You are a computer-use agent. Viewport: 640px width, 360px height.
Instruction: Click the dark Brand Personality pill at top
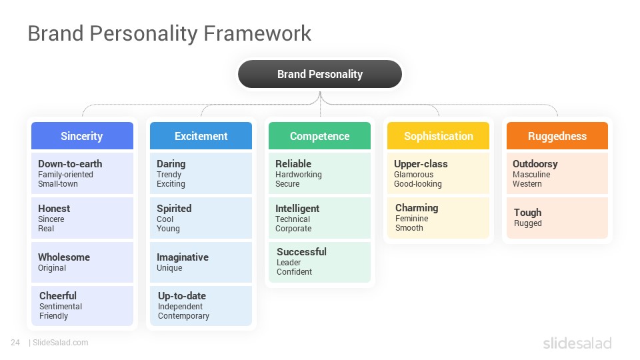pyautogui.click(x=320, y=74)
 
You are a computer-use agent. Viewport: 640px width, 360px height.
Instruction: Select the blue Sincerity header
pyautogui.click(x=82, y=135)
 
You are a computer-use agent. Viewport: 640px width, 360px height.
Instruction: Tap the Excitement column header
pyautogui.click(x=201, y=135)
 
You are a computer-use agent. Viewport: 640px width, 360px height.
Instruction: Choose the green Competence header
pyautogui.click(x=319, y=135)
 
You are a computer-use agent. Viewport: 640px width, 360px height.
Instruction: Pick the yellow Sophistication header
pyautogui.click(x=439, y=135)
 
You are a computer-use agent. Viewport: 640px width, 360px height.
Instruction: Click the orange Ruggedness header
pyautogui.click(x=557, y=135)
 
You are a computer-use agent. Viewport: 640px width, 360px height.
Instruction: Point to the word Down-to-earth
pyautogui.click(x=70, y=164)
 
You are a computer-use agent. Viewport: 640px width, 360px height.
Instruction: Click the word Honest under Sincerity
pyautogui.click(x=54, y=208)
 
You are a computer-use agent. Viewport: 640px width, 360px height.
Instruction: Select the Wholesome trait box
pyautogui.click(x=82, y=262)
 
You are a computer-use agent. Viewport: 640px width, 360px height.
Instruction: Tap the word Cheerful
pyautogui.click(x=58, y=295)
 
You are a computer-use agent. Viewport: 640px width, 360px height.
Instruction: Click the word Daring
pyautogui.click(x=171, y=164)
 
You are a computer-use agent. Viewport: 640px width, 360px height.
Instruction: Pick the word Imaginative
pyautogui.click(x=183, y=257)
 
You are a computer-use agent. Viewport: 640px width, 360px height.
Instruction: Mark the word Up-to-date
pyautogui.click(x=182, y=295)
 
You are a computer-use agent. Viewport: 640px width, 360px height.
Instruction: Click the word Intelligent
pyautogui.click(x=297, y=209)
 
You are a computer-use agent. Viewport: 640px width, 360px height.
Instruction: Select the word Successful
pyautogui.click(x=301, y=251)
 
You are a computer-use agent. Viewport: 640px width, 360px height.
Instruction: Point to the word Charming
pyautogui.click(x=417, y=208)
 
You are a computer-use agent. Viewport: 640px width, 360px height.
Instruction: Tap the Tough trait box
pyautogui.click(x=557, y=218)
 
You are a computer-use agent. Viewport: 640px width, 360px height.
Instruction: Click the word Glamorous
pyautogui.click(x=413, y=174)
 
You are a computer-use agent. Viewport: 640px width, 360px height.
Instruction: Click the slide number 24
pyautogui.click(x=15, y=343)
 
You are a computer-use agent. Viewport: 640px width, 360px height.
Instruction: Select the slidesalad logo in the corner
pyautogui.click(x=577, y=343)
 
